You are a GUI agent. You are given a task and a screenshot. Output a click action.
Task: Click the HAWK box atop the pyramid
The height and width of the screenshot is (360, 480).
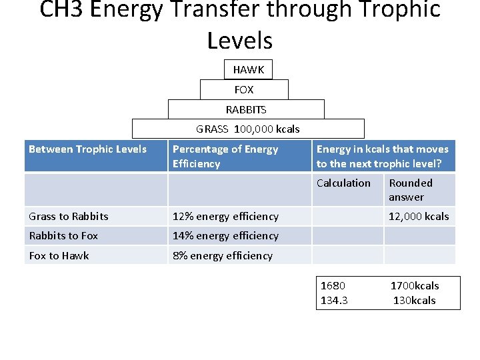pyautogui.click(x=248, y=69)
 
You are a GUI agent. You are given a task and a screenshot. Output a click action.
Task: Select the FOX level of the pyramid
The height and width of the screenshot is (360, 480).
pyautogui.click(x=244, y=89)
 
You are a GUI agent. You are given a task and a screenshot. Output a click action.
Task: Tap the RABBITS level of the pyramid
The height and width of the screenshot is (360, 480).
pyautogui.click(x=246, y=109)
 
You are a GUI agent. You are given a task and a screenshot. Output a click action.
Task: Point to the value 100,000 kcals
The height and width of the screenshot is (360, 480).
pyautogui.click(x=267, y=129)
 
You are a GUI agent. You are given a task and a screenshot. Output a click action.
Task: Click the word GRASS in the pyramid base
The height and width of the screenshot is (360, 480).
pyautogui.click(x=212, y=129)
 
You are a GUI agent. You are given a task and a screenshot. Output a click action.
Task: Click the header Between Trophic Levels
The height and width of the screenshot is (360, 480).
pyautogui.click(x=87, y=149)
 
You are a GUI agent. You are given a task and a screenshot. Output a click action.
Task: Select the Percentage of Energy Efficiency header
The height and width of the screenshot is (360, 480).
pyautogui.click(x=225, y=156)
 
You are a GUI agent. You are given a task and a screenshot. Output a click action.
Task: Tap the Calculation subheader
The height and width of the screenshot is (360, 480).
pyautogui.click(x=343, y=183)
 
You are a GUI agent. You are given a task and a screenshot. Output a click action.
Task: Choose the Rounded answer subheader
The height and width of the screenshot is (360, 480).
pyautogui.click(x=411, y=190)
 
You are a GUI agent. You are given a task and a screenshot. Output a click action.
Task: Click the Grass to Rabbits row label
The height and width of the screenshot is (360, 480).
pyautogui.click(x=69, y=216)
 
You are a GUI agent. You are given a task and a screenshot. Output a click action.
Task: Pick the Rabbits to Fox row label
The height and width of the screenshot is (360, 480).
pyautogui.click(x=63, y=235)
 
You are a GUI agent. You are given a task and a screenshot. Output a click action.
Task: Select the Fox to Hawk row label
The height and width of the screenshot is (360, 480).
pyautogui.click(x=59, y=255)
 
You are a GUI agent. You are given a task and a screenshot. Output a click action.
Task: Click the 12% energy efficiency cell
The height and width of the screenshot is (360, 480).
pyautogui.click(x=225, y=216)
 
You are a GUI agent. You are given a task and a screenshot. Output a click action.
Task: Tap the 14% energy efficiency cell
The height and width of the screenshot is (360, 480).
pyautogui.click(x=225, y=235)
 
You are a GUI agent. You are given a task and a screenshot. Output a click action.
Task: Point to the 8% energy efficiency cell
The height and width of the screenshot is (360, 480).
pyautogui.click(x=223, y=255)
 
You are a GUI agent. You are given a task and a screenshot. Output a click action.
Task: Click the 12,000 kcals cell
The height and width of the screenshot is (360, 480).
pyautogui.click(x=419, y=216)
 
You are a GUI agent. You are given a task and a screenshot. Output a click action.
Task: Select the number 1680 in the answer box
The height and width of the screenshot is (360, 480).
pyautogui.click(x=333, y=286)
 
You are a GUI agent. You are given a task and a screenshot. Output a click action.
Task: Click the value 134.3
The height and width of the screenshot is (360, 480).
pyautogui.click(x=334, y=300)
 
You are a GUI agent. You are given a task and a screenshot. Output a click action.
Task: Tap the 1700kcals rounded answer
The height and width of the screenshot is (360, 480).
pyautogui.click(x=415, y=286)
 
